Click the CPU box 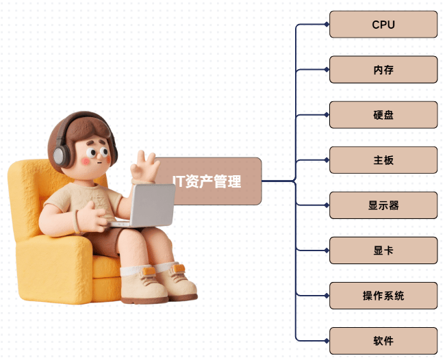point(383,25)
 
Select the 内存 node point(383,70)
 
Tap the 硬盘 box point(383,115)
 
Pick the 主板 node point(383,160)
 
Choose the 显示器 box point(383,205)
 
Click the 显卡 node point(383,250)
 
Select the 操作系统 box point(383,296)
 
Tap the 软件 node point(383,341)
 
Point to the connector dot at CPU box point(327,25)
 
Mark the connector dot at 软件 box point(327,341)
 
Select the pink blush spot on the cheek point(86,161)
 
